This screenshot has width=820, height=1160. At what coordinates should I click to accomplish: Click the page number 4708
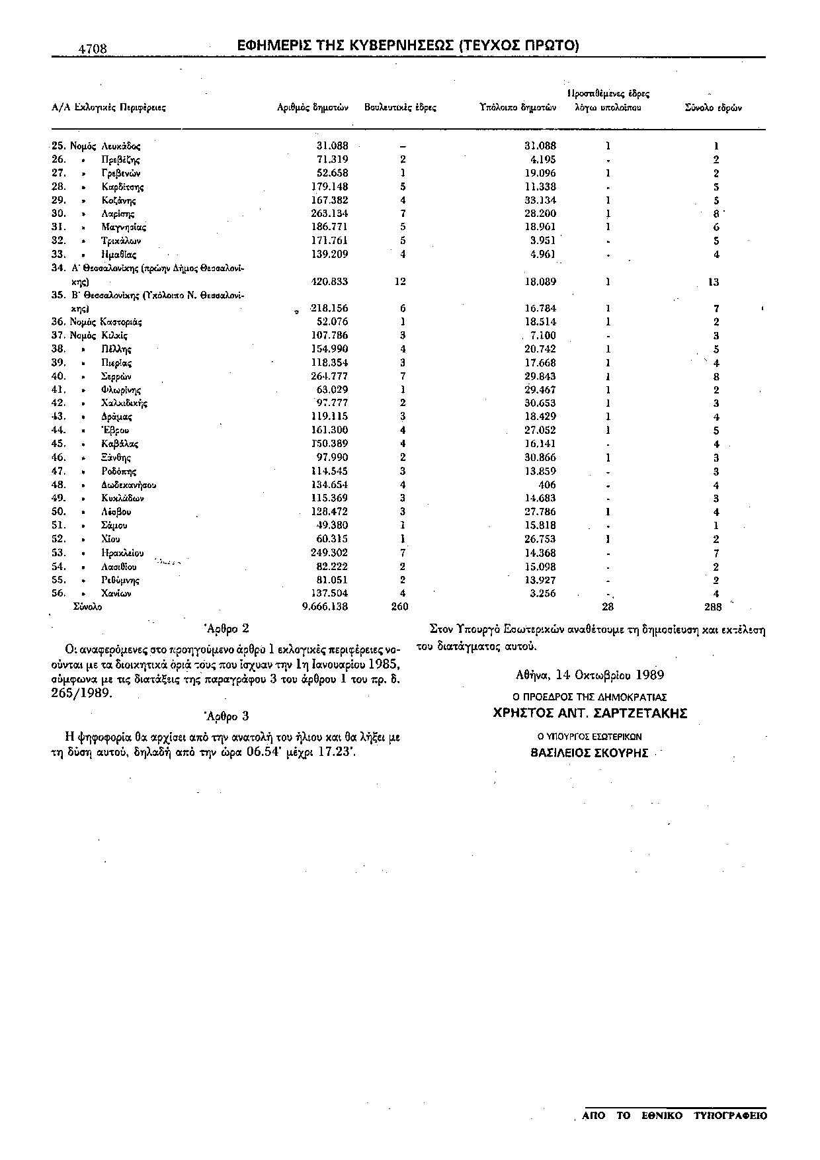pyautogui.click(x=93, y=49)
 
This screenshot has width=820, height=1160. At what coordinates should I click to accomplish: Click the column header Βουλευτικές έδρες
pyautogui.click(x=400, y=107)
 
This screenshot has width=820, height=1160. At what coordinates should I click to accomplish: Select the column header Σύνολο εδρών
pyautogui.click(x=714, y=107)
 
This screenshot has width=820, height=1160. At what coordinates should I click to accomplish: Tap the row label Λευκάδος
pyautogui.click(x=120, y=145)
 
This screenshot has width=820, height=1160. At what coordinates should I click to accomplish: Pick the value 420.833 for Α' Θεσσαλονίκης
pyautogui.click(x=329, y=282)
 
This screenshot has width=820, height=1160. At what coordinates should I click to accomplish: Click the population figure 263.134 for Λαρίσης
pyautogui.click(x=329, y=214)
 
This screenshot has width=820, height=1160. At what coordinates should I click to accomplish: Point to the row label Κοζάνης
pyautogui.click(x=119, y=200)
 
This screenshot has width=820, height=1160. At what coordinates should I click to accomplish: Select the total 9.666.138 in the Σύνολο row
pyautogui.click(x=325, y=606)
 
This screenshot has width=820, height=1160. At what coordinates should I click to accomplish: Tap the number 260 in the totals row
pyautogui.click(x=400, y=606)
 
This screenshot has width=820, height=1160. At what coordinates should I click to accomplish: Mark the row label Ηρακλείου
pyautogui.click(x=122, y=553)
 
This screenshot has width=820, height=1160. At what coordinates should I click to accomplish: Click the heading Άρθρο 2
pyautogui.click(x=227, y=629)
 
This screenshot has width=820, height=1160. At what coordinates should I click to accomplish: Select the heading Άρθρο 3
pyautogui.click(x=227, y=716)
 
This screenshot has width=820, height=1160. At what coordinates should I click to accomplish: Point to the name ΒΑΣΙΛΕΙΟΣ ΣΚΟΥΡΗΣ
pyautogui.click(x=590, y=753)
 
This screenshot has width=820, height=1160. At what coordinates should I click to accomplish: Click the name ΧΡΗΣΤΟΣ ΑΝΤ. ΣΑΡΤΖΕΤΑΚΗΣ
pyautogui.click(x=591, y=714)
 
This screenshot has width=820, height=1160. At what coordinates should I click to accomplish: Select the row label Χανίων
pyautogui.click(x=116, y=593)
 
